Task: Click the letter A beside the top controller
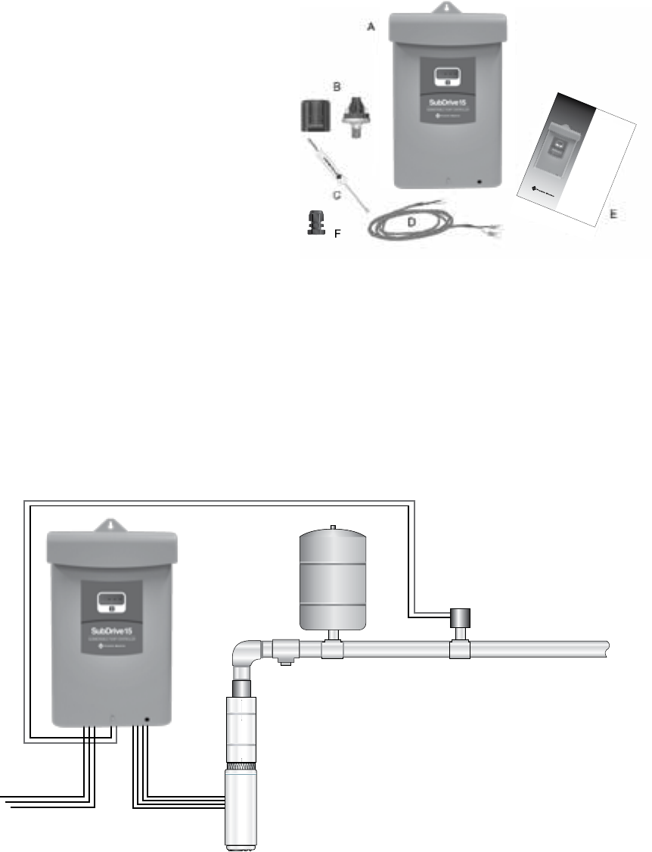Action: [371, 26]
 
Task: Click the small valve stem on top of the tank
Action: [333, 524]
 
